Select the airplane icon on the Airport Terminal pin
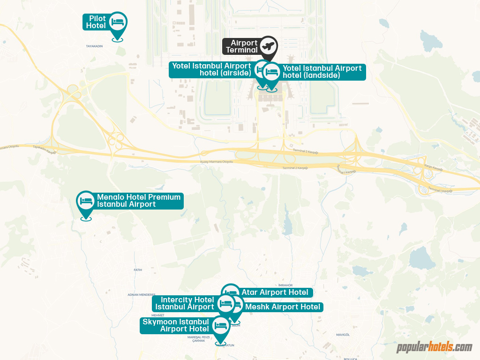coord(269,46)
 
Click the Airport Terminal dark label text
coord(242,46)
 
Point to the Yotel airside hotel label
coord(211,69)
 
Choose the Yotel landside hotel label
coord(322,72)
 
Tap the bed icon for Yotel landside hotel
coord(272,72)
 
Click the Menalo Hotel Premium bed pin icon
coord(86,201)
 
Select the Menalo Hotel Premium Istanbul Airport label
coord(139,201)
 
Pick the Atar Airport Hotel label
coord(275,292)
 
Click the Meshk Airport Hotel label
coord(283,307)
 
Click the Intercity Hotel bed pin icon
coord(226,303)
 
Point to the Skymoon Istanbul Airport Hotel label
coord(176,325)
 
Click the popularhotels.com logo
coord(435,347)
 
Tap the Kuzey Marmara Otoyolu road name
coord(216,162)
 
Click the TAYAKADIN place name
coord(94,46)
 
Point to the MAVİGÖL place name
coord(343,335)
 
